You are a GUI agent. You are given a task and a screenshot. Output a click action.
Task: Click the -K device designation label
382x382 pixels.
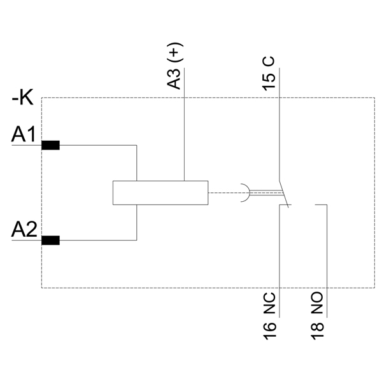[22, 98]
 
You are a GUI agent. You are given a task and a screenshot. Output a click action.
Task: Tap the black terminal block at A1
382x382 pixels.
[50, 145]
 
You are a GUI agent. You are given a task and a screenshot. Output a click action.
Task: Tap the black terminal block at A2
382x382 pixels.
[50, 241]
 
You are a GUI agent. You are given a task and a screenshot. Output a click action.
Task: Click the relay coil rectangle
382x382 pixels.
[160, 193]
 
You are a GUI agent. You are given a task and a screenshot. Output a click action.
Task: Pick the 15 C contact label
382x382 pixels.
[269, 72]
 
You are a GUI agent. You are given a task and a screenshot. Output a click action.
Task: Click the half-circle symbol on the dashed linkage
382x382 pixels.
[244, 193]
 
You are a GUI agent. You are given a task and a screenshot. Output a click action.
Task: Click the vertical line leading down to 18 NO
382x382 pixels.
[327, 255]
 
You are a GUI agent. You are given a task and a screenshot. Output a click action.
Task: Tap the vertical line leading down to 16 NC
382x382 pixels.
[280, 255]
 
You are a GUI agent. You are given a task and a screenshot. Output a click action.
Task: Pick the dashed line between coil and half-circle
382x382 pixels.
[223, 193]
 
